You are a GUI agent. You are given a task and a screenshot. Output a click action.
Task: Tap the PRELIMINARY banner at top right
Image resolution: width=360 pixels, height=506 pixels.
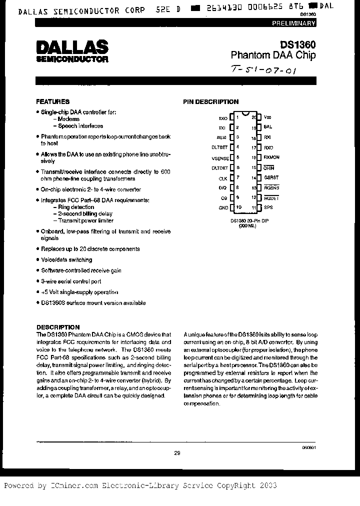point(293,23)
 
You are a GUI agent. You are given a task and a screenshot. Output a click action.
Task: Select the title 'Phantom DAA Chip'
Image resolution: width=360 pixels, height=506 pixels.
point(273,55)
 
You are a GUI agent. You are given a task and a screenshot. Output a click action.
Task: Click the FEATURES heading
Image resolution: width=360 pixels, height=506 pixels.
point(52,101)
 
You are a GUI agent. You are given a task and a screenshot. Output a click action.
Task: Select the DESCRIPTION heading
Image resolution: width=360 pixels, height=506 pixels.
point(58,327)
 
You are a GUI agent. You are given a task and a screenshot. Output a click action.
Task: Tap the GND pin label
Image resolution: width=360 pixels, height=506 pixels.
point(223,207)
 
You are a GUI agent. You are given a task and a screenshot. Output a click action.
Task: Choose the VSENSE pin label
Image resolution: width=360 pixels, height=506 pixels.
point(219,157)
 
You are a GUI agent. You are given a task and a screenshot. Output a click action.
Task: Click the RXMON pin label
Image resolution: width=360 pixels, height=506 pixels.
point(272,157)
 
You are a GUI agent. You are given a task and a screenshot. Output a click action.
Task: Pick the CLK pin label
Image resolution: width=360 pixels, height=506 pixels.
point(223,178)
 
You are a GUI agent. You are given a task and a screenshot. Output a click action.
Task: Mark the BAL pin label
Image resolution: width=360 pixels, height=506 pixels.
point(268,127)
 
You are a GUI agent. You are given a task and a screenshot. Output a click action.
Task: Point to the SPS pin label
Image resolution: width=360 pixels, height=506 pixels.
point(268,207)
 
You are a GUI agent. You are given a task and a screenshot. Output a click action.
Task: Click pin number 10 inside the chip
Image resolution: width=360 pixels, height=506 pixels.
point(239,207)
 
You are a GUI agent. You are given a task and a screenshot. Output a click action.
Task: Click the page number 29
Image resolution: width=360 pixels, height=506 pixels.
point(177,453)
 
